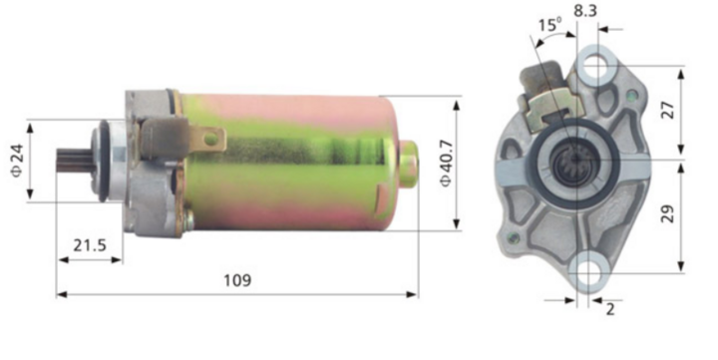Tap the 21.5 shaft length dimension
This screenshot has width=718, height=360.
[87, 243]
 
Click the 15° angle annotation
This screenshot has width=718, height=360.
[548, 24]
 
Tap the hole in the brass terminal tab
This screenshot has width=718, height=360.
[208, 141]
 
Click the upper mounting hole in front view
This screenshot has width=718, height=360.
[596, 65]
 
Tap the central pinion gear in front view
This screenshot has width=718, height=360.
[574, 160]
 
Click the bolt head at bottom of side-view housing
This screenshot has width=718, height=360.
[186, 219]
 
